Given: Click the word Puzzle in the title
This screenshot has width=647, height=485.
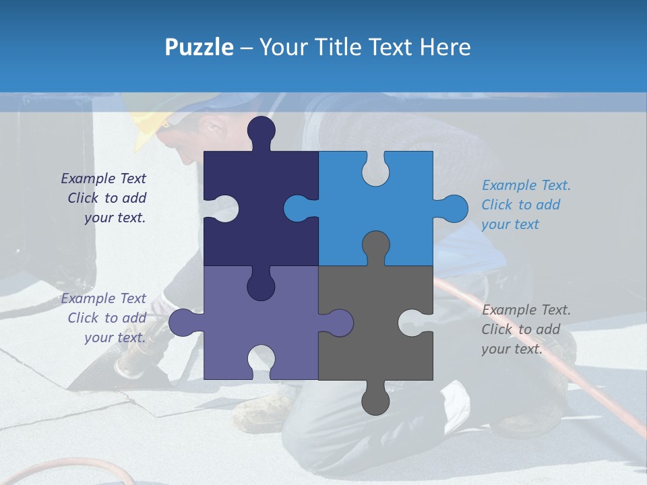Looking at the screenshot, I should tap(199, 47).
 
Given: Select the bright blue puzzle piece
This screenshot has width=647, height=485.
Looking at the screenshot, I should tap(398, 209).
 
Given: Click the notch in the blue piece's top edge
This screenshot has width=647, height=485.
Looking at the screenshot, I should tap(375, 168).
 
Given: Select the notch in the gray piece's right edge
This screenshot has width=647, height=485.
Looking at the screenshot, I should tap(418, 323).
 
